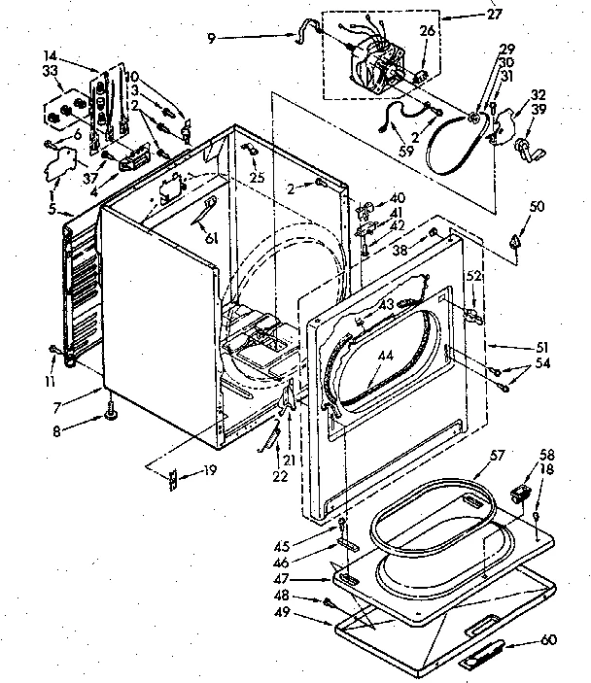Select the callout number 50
point(536,207)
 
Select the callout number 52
point(473,277)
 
